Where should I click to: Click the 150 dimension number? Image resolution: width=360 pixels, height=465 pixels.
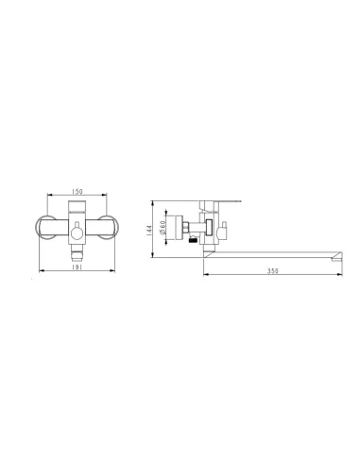[x=77, y=191]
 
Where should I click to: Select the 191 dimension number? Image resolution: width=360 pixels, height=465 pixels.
[x=77, y=267]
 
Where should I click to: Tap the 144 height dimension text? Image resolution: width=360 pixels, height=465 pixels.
[x=149, y=230]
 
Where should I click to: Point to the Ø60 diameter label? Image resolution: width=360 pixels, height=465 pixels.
[x=163, y=227]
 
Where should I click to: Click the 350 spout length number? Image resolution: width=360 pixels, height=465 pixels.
[x=273, y=271]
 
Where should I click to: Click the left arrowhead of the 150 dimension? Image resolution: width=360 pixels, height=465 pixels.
[x=49, y=195]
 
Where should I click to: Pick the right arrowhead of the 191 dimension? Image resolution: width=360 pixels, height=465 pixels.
[x=112, y=270]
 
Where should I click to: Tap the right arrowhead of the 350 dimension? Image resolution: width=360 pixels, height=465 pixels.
[x=340, y=275]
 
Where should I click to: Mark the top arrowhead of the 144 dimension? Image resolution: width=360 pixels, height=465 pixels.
[x=152, y=203]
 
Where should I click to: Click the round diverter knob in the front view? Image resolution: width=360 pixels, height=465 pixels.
[x=77, y=233]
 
